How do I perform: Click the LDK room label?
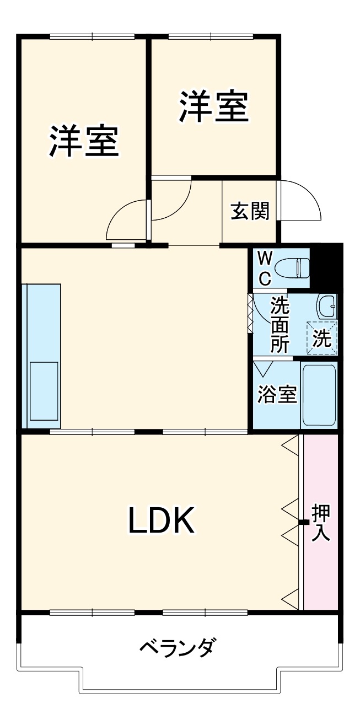162,521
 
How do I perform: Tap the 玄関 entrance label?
250,211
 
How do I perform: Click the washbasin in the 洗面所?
327,305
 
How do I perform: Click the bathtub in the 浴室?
319,395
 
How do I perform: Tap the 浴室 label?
278,395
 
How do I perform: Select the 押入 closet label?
321,522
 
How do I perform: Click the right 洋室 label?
214,106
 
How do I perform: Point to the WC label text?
265,268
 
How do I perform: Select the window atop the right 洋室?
211,37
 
